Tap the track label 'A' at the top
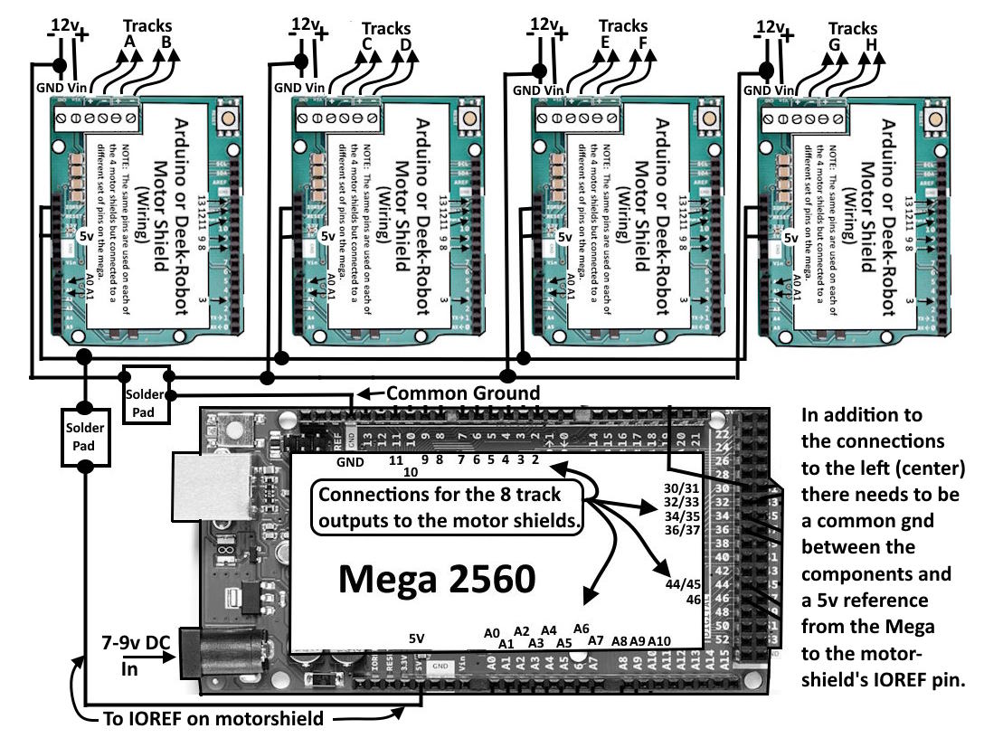coord(128,42)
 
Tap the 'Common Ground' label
coord(463,393)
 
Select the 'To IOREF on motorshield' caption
coord(212,720)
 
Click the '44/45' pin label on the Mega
coord(682,584)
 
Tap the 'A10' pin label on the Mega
coord(659,640)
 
